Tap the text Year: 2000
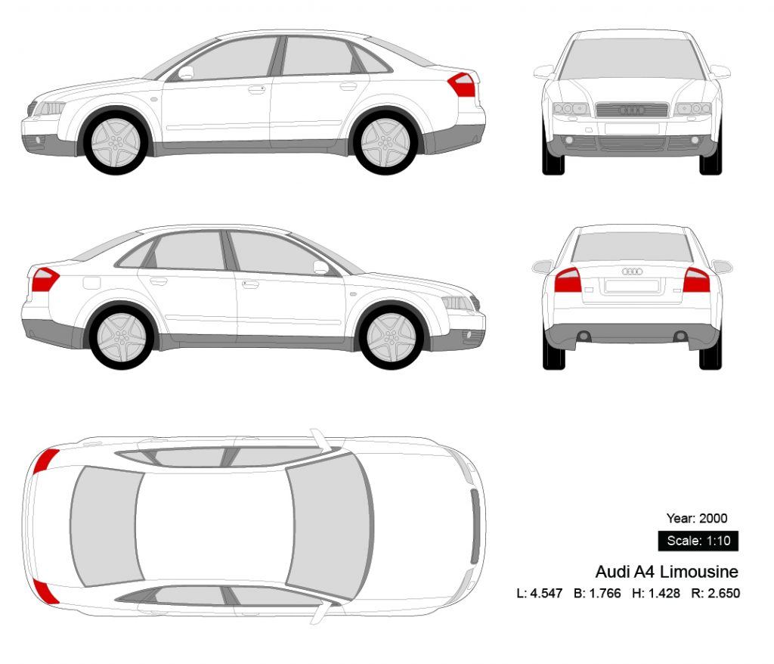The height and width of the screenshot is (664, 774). coord(697,518)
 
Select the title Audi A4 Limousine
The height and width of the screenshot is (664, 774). coord(667,571)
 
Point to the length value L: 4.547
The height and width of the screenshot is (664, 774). coord(540,593)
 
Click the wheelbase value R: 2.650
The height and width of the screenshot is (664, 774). coord(715,593)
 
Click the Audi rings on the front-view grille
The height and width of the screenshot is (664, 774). coord(632,110)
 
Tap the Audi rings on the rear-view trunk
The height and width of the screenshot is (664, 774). coord(632,271)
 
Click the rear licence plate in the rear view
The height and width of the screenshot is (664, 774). coord(632,286)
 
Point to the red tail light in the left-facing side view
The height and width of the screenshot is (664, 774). coord(463,85)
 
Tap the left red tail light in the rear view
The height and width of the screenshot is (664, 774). coord(568,281)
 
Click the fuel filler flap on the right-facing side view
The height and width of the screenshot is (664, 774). coord(91,283)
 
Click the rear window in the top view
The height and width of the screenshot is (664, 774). coord(103,525)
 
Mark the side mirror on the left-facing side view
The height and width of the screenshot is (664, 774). coord(185,73)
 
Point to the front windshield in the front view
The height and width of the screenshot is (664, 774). coord(632,58)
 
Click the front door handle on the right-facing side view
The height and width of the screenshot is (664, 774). coord(250,284)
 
